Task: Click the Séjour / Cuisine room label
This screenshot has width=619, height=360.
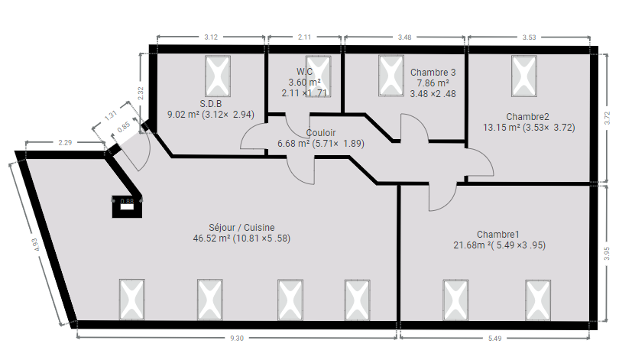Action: click(x=241, y=228)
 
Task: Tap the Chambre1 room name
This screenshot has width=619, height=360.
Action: click(x=497, y=235)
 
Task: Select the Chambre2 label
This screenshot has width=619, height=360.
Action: click(x=527, y=117)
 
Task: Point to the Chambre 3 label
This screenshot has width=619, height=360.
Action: click(x=433, y=73)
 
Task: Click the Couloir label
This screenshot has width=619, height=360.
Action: click(x=320, y=133)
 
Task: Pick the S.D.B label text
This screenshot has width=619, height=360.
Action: click(x=210, y=104)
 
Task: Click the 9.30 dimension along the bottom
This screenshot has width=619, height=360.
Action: click(x=237, y=339)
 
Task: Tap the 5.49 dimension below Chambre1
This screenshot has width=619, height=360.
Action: click(x=494, y=339)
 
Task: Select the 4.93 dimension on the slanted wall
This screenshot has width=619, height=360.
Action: click(x=36, y=245)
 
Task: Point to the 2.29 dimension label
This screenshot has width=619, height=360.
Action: click(x=65, y=142)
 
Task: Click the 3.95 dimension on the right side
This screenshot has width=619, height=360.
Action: click(x=608, y=254)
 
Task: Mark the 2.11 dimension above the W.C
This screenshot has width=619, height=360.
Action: click(x=304, y=37)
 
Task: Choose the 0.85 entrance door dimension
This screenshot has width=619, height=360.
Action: click(x=124, y=127)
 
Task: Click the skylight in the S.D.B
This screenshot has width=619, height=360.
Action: click(x=218, y=76)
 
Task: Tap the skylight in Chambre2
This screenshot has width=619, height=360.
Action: click(x=524, y=76)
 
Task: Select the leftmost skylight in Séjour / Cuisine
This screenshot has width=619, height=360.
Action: click(x=132, y=300)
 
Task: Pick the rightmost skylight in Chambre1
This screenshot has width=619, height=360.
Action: click(x=538, y=300)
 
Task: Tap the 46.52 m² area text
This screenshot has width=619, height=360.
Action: click(x=212, y=238)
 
